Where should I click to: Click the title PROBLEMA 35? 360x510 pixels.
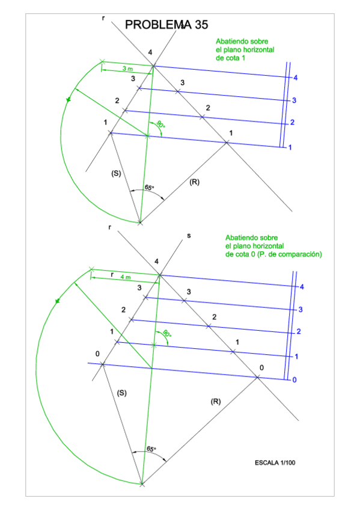[166, 25]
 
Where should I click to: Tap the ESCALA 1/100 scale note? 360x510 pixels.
[275, 462]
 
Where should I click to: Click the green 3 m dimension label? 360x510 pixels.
[127, 69]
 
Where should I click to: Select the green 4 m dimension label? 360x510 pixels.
[126, 277]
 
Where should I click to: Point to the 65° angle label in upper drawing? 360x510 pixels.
[150, 188]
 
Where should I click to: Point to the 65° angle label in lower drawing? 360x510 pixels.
[151, 449]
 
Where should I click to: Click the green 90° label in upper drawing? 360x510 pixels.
[160, 124]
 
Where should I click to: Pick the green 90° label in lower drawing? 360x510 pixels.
[166, 333]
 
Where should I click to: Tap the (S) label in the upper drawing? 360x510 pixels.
[116, 173]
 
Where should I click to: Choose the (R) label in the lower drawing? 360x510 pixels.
[216, 401]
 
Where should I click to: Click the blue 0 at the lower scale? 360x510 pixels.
[294, 379]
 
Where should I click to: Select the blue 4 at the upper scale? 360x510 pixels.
[295, 78]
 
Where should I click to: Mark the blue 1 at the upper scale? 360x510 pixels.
[290, 147]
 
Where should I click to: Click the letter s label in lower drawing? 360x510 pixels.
[189, 236]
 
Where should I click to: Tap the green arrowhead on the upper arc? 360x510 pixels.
[69, 99]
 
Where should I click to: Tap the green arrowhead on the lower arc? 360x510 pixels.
[58, 301]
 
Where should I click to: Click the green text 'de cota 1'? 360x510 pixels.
[230, 58]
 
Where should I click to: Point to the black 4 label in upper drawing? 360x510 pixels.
[150, 52]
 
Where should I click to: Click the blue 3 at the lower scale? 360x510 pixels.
[301, 309]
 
